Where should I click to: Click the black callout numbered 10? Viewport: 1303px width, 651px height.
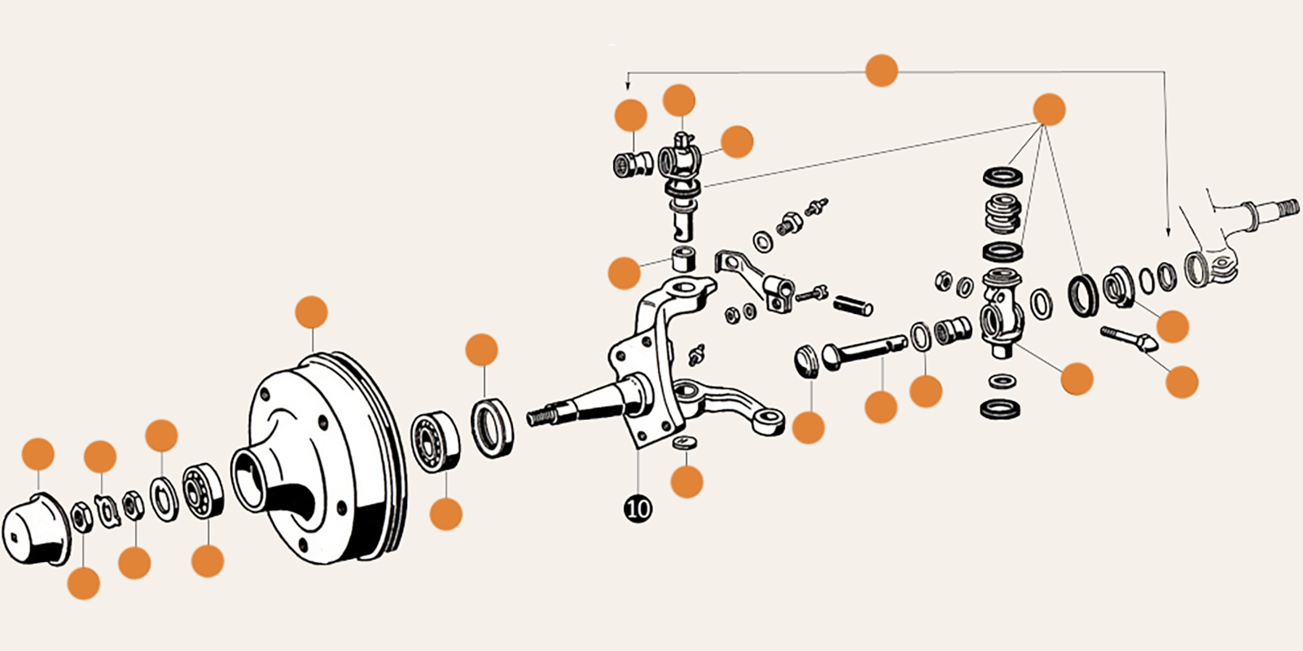638,509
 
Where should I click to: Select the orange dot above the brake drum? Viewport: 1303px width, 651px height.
311,312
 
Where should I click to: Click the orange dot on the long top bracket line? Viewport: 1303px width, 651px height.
881,71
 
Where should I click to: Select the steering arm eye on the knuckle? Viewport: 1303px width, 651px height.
768,421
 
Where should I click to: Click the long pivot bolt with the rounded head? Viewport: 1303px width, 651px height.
863,351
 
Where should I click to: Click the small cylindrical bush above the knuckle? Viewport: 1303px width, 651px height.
684,259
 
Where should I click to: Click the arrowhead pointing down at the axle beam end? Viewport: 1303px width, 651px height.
1168,231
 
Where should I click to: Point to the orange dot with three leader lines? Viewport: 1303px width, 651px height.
1049,110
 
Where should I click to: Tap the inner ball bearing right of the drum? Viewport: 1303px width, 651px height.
434,440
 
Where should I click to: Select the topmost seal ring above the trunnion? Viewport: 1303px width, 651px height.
1002,176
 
